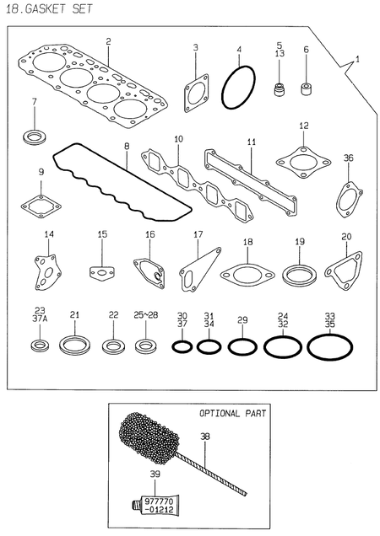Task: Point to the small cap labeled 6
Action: coord(307,88)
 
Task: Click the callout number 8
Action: coord(127,146)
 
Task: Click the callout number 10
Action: coord(178,138)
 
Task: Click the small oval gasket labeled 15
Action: coord(101,271)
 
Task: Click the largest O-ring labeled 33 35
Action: coord(330,346)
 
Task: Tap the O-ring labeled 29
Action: coord(242,346)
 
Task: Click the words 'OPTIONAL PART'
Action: coord(232,414)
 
